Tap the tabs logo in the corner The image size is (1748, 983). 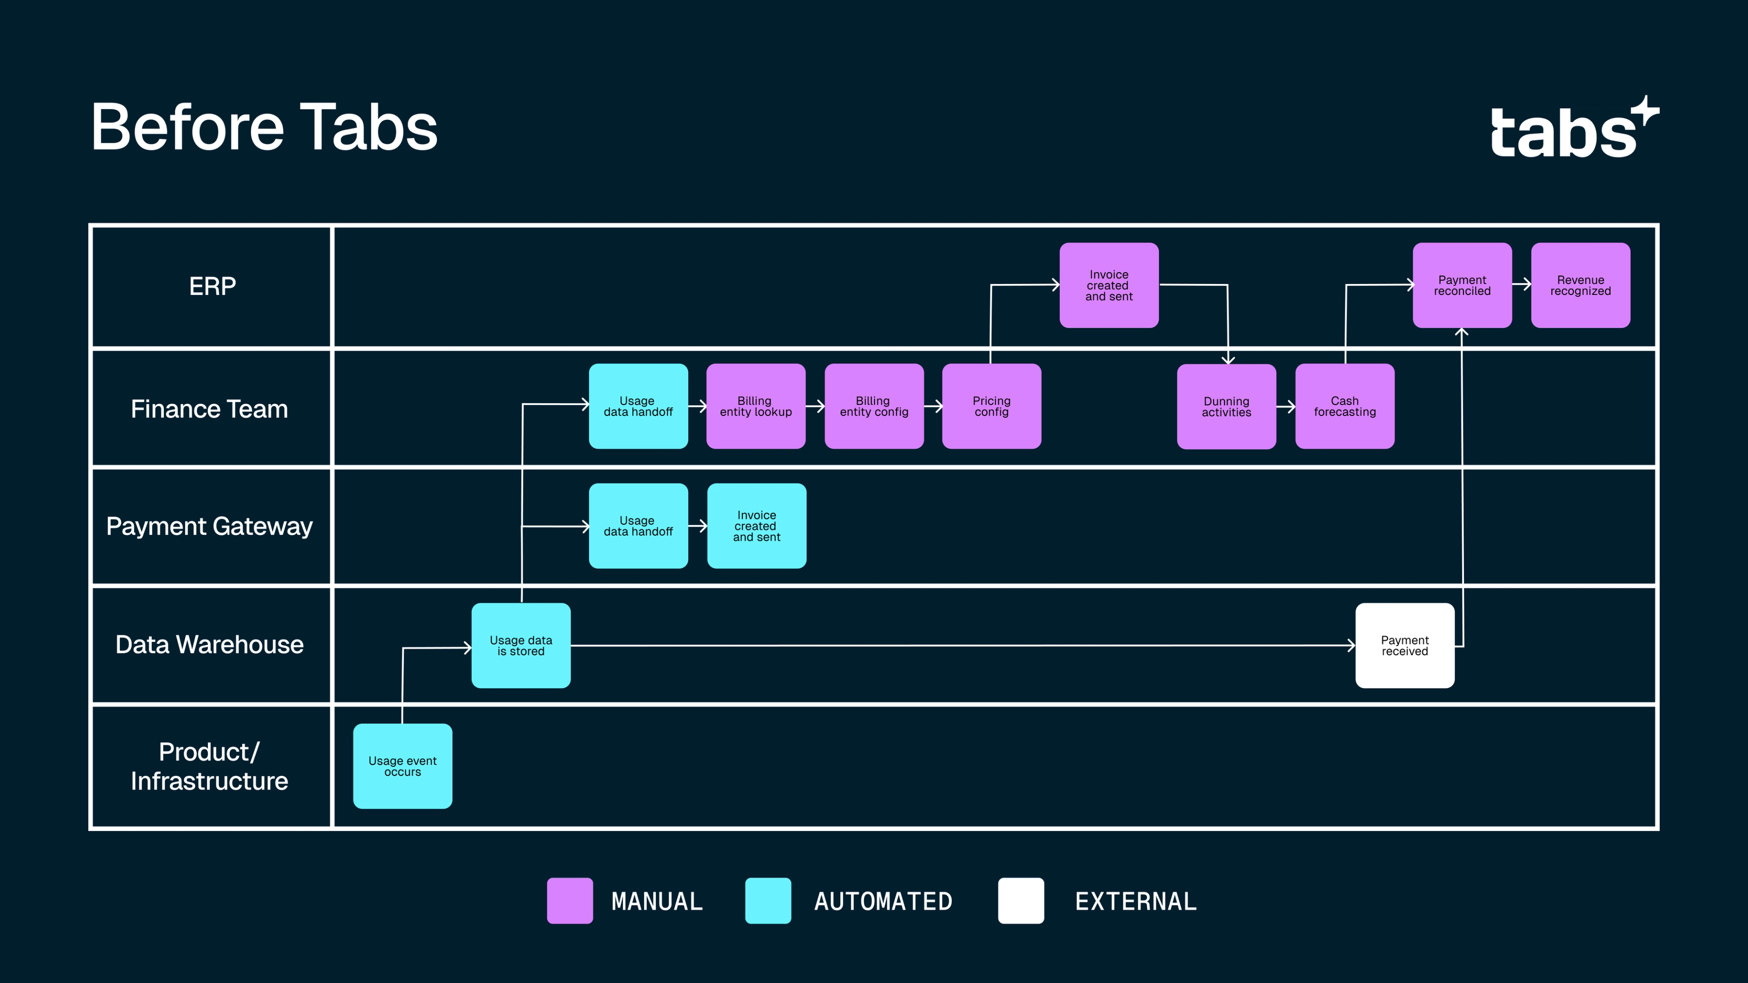point(1573,129)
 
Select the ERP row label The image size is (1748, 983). point(213,286)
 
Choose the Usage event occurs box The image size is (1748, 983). point(402,766)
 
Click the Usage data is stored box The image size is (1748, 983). point(520,645)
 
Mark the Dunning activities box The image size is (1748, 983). point(1226,406)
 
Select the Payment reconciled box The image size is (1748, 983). point(1462,285)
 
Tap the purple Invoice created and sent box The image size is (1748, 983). point(1109,285)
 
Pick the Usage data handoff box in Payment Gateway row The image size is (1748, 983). point(638,526)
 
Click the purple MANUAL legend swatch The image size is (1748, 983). point(569,900)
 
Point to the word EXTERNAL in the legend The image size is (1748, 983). point(1135,902)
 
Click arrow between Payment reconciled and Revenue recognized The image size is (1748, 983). point(1521,285)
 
